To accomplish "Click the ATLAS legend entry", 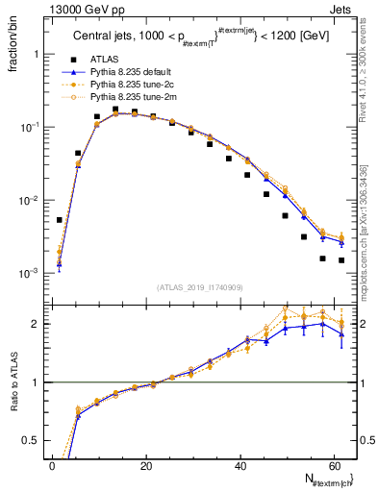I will (x=106, y=59).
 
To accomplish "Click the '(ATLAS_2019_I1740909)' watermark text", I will (x=200, y=287).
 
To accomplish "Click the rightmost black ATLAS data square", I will (x=341, y=259).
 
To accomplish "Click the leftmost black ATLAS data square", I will (x=60, y=220).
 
